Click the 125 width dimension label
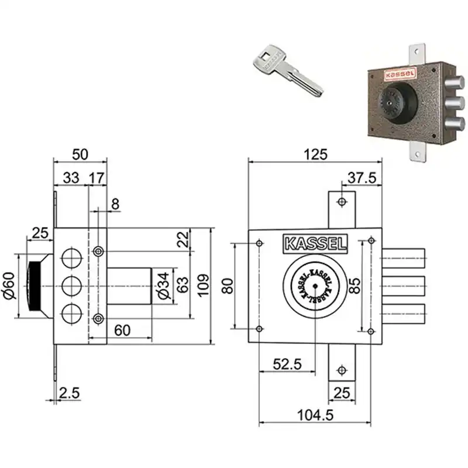(x=315, y=154)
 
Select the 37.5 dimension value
(x=362, y=178)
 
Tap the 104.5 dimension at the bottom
(x=315, y=415)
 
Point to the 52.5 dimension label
(x=287, y=364)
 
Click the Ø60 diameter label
(x=9, y=285)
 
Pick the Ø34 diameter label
(x=164, y=285)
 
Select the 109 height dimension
(x=203, y=285)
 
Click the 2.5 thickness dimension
(x=69, y=393)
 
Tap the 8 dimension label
(x=115, y=204)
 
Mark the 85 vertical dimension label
(x=355, y=285)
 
